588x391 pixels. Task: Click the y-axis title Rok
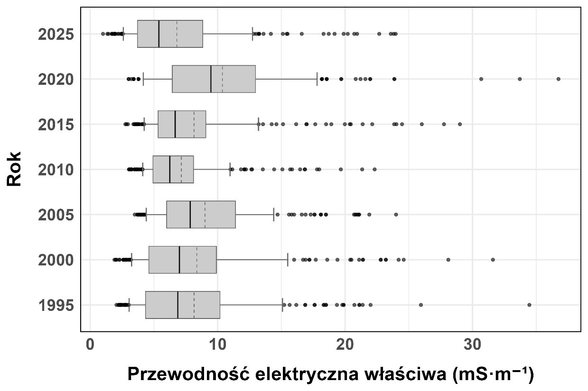click(x=15, y=169)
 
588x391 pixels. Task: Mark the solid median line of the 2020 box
click(x=211, y=79)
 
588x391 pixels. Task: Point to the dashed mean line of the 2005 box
click(x=205, y=215)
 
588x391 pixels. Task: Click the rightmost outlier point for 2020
click(x=558, y=79)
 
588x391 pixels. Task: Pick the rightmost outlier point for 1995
click(x=529, y=305)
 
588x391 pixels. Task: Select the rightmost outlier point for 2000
click(x=493, y=260)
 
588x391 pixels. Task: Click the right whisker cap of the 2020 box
click(x=317, y=79)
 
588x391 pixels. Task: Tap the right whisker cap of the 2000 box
click(x=288, y=260)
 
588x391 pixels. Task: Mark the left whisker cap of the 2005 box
click(x=146, y=215)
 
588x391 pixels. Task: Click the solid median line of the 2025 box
click(x=159, y=34)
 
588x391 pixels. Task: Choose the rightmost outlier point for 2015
click(x=459, y=124)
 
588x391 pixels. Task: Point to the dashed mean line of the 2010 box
click(x=181, y=169)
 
